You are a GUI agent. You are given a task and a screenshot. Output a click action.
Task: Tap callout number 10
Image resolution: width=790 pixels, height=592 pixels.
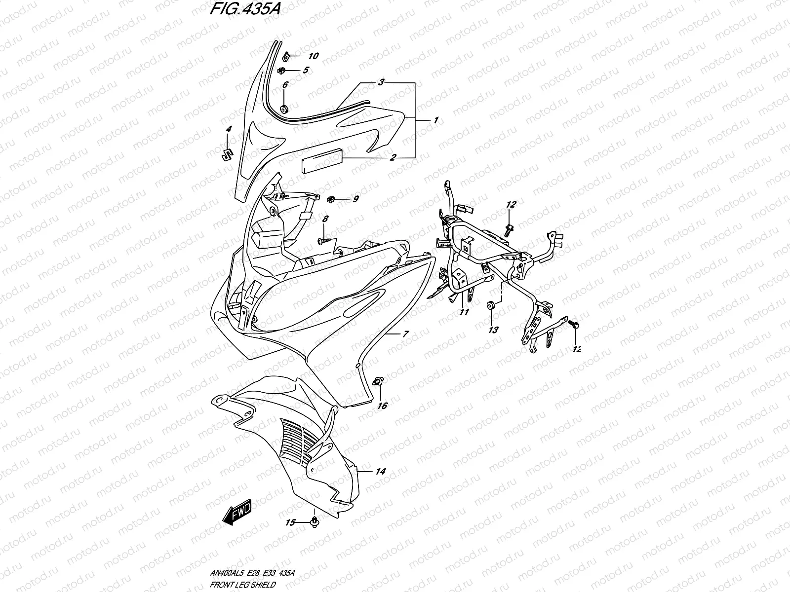coord(314,56)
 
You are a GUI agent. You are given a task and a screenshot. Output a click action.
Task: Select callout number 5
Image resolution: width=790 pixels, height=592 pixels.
coord(306,70)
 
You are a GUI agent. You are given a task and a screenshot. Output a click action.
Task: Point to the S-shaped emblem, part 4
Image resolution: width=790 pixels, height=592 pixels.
coord(228,153)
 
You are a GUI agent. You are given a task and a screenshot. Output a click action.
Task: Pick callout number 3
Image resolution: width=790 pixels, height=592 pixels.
coord(395,83)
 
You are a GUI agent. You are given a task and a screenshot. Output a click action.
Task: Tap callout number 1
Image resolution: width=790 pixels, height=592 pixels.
coord(436,120)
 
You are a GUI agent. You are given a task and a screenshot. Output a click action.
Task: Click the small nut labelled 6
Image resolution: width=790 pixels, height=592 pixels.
coord(284,109)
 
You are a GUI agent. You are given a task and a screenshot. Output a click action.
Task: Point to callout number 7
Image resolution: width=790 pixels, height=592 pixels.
coord(405,334)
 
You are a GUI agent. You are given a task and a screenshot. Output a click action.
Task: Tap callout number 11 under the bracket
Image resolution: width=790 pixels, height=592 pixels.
coord(464,312)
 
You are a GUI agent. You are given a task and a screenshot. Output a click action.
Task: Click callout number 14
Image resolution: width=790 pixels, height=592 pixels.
coord(380,472)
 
